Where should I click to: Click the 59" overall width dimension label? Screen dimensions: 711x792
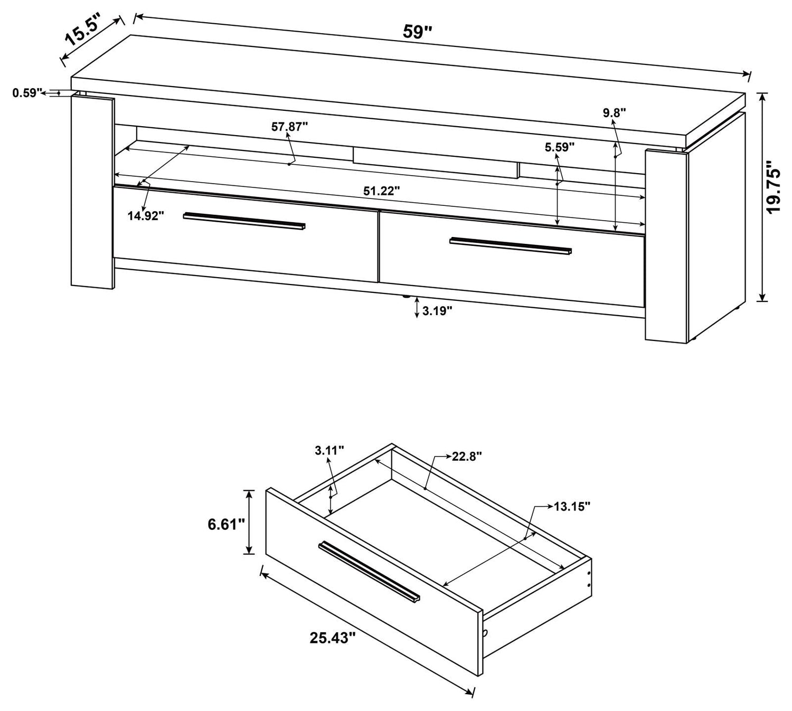(417, 32)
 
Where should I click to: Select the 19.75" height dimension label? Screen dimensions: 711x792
(775, 187)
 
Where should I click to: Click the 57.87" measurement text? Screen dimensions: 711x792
(289, 127)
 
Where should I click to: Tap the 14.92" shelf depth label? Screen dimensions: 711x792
(146, 215)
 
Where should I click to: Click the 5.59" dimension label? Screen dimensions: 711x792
(560, 147)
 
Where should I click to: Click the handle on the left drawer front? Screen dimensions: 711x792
(244, 221)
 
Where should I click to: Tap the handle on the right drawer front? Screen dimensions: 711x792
(510, 245)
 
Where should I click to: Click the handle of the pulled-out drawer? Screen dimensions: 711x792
(369, 572)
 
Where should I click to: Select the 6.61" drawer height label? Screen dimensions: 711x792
(226, 524)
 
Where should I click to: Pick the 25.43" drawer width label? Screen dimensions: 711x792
(333, 638)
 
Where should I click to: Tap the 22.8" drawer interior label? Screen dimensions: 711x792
(467, 457)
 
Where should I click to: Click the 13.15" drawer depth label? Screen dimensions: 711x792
(572, 507)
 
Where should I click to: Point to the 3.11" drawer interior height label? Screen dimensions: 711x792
(329, 450)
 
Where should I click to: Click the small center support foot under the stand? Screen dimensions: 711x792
(406, 297)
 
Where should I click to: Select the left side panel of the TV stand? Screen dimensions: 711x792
(92, 191)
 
